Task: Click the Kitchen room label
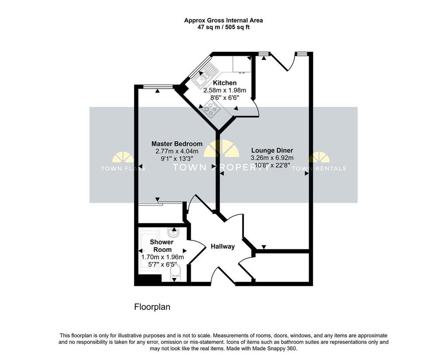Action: coord(225,83)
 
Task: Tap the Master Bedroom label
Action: coord(177,144)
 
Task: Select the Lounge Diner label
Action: coord(272,151)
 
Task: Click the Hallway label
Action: coord(223,247)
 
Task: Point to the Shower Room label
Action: coord(162,246)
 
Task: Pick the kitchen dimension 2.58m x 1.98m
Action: coord(225,90)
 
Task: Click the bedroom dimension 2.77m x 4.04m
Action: coord(177,151)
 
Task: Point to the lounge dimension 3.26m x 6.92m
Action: coord(272,158)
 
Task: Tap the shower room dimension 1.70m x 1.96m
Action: coord(162,257)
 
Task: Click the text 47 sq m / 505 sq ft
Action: coord(223,27)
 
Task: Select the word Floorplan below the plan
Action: coord(152,307)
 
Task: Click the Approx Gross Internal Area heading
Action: coord(223,21)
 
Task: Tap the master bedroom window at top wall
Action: coord(158,87)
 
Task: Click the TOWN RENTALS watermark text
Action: coord(319,168)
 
